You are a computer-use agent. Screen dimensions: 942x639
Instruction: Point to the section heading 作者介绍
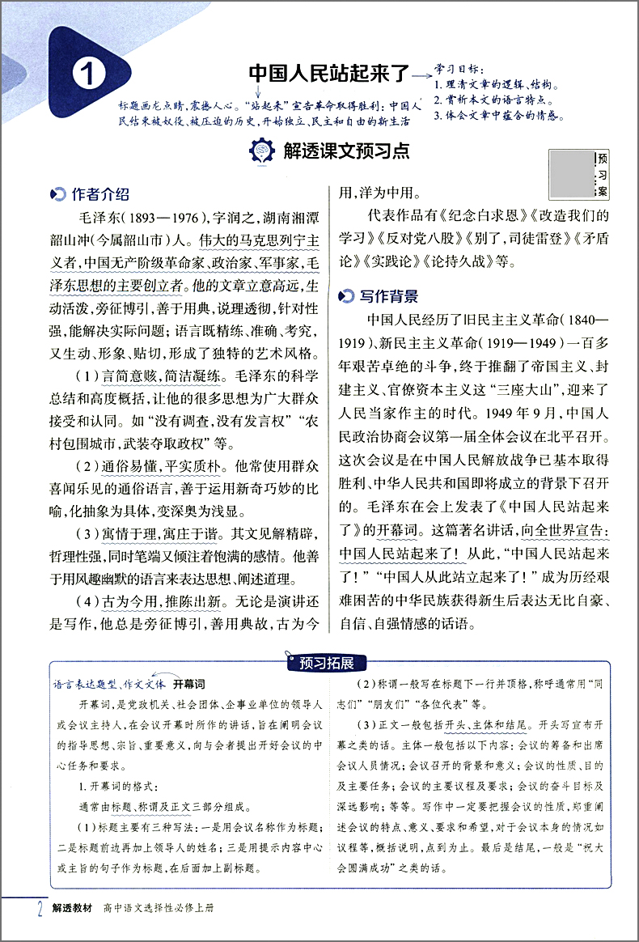[99, 195]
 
